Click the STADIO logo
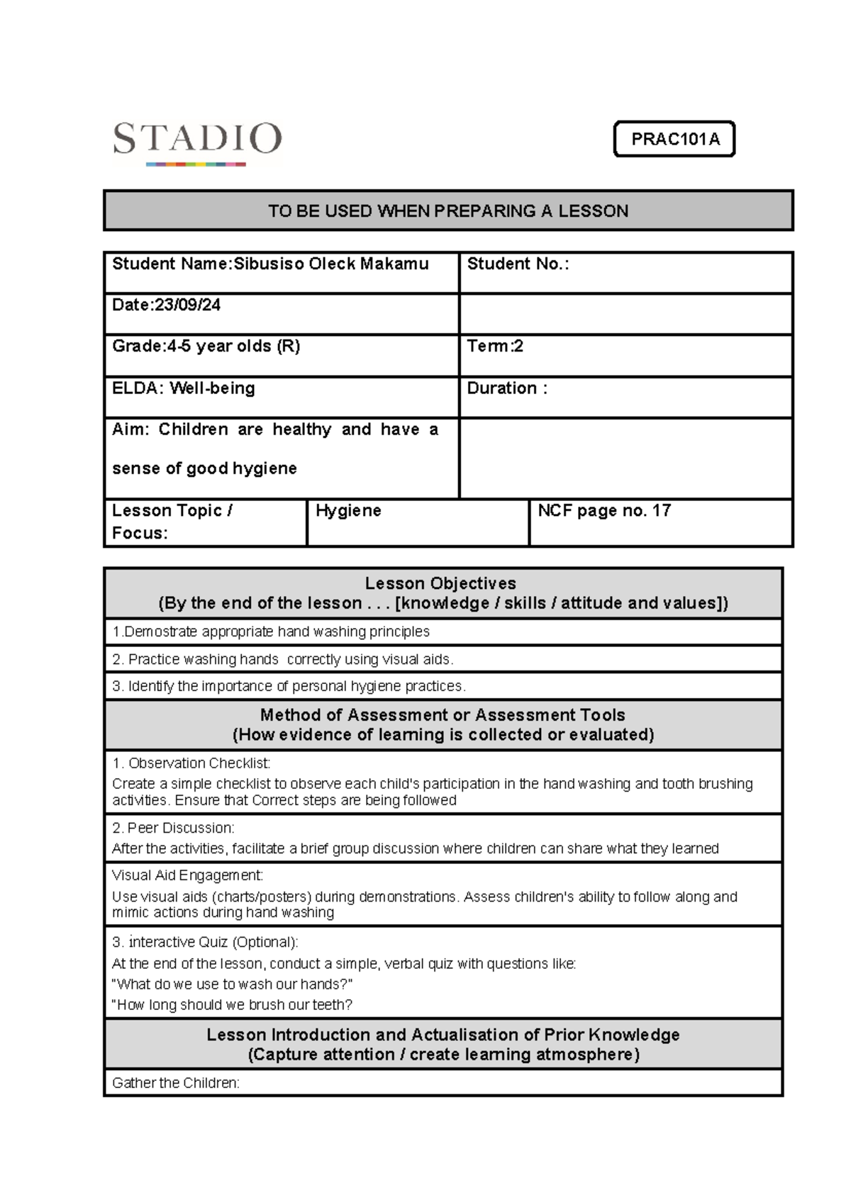pyautogui.click(x=197, y=142)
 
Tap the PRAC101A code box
pyautogui.click(x=674, y=139)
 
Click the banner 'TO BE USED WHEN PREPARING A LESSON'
pyautogui.click(x=448, y=210)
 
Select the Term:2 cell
pyautogui.click(x=495, y=347)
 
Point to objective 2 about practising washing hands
pyautogui.click(x=282, y=659)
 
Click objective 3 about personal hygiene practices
pyautogui.click(x=289, y=686)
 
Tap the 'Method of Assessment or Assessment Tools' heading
pyautogui.click(x=443, y=715)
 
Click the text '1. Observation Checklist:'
pyautogui.click(x=191, y=763)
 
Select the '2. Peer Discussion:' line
pyautogui.click(x=173, y=828)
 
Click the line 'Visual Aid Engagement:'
pyautogui.click(x=187, y=875)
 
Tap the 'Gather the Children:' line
pyautogui.click(x=176, y=1083)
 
